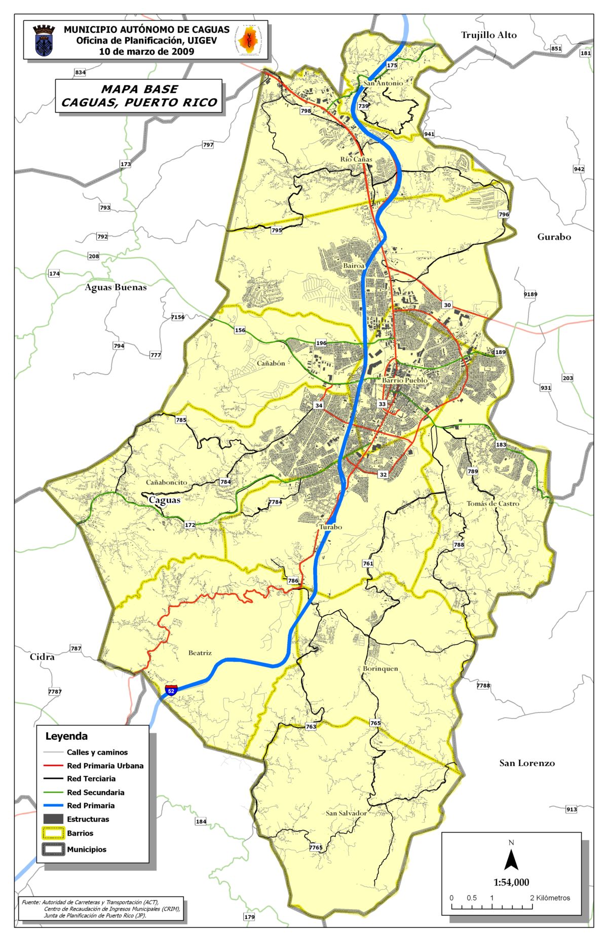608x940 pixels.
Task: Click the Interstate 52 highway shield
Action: (x=171, y=690)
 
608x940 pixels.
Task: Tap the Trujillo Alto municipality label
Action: (x=488, y=35)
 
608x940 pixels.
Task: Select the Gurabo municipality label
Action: (x=554, y=237)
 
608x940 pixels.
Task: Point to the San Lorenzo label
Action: (x=527, y=763)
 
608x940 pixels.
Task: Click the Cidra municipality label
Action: (x=42, y=657)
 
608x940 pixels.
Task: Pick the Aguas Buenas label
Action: (x=116, y=287)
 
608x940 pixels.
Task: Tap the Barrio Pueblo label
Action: (x=404, y=380)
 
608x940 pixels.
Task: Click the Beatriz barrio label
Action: (x=200, y=653)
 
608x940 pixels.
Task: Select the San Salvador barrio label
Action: (x=346, y=813)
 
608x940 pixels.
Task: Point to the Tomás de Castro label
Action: (x=492, y=504)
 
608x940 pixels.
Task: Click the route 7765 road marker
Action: (x=316, y=847)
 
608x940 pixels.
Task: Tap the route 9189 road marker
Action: (x=530, y=294)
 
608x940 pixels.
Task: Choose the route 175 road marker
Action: (x=392, y=65)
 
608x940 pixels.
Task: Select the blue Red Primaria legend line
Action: (x=53, y=806)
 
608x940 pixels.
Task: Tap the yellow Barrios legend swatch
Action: (x=53, y=833)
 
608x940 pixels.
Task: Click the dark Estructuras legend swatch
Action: (x=53, y=819)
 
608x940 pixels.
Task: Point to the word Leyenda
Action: (x=66, y=736)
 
